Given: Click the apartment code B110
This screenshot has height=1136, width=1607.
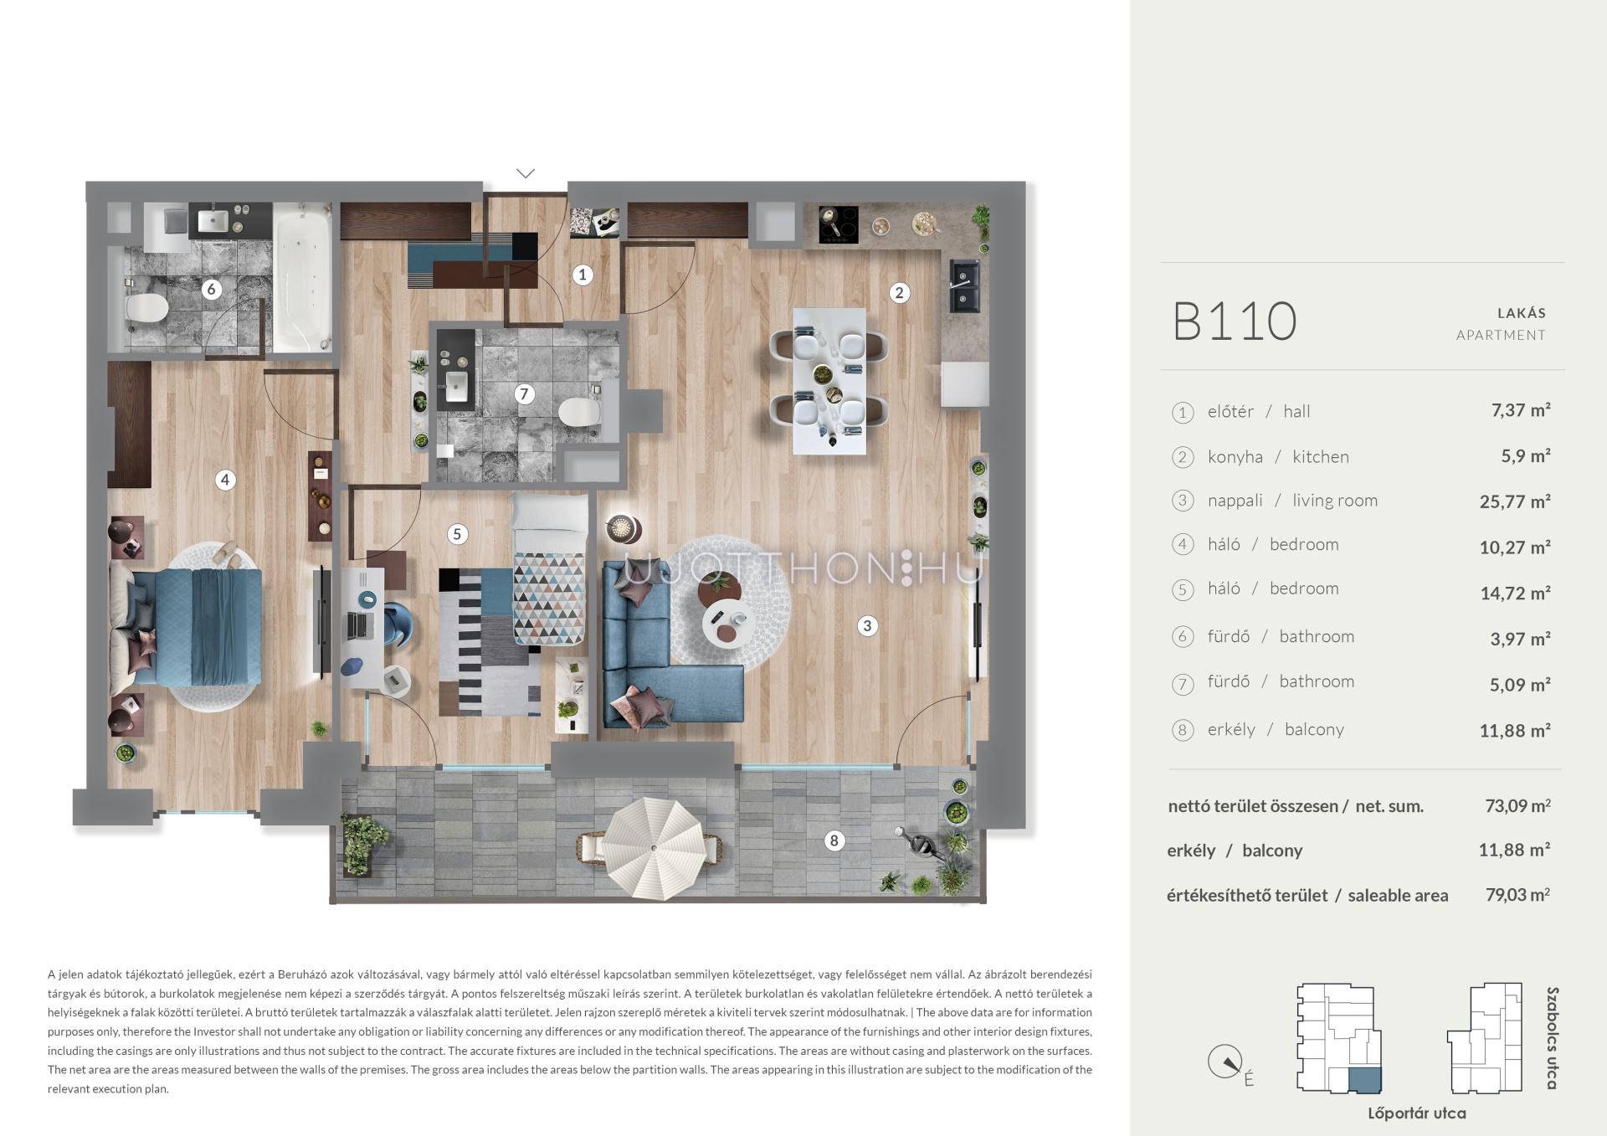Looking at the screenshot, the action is (1235, 321).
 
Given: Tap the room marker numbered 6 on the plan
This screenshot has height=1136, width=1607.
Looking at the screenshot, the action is (211, 290).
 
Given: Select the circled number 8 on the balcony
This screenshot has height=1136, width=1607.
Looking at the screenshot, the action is (834, 840).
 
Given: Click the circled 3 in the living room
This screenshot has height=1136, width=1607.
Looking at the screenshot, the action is (867, 625).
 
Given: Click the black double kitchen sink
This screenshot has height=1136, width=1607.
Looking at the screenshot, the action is (964, 285).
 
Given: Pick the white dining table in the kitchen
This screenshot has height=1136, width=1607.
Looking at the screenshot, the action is (829, 381).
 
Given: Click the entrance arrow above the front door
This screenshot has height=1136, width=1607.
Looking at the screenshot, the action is (526, 173).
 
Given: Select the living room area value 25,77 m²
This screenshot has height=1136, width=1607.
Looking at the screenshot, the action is (1515, 501).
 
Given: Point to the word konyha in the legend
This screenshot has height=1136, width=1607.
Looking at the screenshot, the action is (1235, 457).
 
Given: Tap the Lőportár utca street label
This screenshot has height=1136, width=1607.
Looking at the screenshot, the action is (1417, 1113).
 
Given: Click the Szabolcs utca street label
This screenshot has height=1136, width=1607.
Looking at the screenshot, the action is (1553, 1038).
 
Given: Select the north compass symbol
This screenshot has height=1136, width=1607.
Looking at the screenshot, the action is (1225, 1062).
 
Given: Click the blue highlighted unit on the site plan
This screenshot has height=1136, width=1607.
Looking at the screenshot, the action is (1364, 1079).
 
